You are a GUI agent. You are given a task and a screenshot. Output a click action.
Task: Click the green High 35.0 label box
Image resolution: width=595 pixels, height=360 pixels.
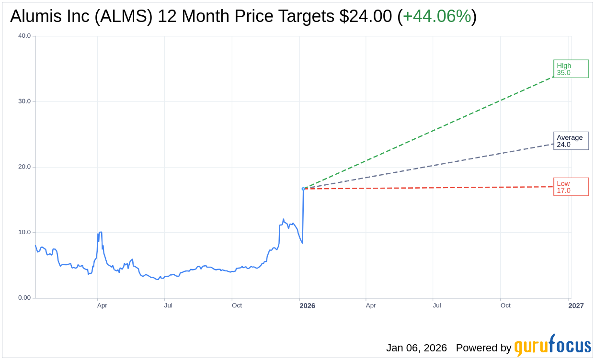pyautogui.click(x=571, y=69)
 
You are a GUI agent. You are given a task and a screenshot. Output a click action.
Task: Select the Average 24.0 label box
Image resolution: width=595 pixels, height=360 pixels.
pyautogui.click(x=571, y=141)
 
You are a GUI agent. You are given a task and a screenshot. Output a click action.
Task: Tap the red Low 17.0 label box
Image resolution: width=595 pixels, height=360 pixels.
pyautogui.click(x=571, y=187)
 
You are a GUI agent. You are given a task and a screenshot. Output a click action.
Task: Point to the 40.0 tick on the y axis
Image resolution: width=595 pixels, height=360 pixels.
pyautogui.click(x=24, y=35)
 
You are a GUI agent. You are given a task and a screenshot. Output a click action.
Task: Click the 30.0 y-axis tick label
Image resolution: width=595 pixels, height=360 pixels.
pyautogui.click(x=24, y=101)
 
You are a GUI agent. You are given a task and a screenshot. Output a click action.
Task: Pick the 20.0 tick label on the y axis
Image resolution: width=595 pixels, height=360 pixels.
pyautogui.click(x=24, y=167)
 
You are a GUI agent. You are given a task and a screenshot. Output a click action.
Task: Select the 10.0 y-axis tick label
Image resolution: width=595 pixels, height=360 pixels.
pyautogui.click(x=24, y=232)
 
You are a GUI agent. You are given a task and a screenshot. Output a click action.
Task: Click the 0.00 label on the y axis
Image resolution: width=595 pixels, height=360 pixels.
pyautogui.click(x=24, y=298)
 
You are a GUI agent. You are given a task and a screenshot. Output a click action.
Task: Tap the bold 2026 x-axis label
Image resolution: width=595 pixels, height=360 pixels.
pyautogui.click(x=307, y=305)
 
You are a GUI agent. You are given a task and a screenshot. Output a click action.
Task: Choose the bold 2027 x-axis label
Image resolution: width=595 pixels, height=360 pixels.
pyautogui.click(x=576, y=305)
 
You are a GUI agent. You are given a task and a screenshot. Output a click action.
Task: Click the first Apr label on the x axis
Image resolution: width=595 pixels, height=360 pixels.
pyautogui.click(x=102, y=305)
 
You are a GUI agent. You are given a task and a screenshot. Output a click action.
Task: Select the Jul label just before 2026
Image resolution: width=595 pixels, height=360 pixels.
pyautogui.click(x=168, y=305)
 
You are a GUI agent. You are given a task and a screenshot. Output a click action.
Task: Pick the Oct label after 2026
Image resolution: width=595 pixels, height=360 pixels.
pyautogui.click(x=505, y=305)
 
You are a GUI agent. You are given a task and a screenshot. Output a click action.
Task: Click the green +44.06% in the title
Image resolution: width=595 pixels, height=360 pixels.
pyautogui.click(x=436, y=16)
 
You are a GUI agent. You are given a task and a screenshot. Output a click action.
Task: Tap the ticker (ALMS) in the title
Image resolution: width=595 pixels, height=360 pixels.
pyautogui.click(x=124, y=16)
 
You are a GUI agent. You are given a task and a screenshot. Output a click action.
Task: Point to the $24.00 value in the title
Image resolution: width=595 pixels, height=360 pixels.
pyautogui.click(x=366, y=16)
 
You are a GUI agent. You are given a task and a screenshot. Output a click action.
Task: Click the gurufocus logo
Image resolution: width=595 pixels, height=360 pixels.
pyautogui.click(x=552, y=346)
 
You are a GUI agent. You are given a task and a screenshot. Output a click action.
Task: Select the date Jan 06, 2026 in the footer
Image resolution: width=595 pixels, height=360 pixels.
pyautogui.click(x=416, y=348)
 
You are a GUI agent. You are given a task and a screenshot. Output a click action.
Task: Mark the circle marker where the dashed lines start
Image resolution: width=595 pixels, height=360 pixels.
pyautogui.click(x=303, y=189)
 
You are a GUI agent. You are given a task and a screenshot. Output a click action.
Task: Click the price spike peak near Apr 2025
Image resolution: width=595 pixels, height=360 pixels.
pyautogui.click(x=100, y=232)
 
